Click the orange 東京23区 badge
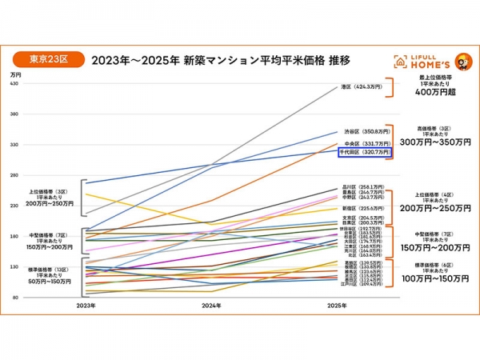coord(48,58)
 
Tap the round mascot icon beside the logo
coord(462,62)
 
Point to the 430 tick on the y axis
coord(14,84)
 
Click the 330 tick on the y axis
coord(14,145)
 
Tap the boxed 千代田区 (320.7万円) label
coord(365,151)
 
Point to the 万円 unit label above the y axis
coord(16,74)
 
